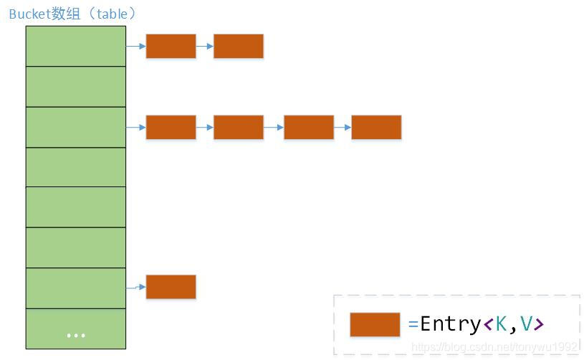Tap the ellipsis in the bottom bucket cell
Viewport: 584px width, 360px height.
coord(75,335)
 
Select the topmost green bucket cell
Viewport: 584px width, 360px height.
coord(75,46)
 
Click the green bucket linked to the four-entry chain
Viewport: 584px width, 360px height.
coord(75,127)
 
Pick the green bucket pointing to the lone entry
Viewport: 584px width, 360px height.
coord(75,288)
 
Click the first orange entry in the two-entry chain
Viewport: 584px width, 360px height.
coord(171,46)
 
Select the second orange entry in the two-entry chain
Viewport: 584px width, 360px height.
coord(239,46)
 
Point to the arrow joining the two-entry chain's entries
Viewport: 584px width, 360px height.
coord(205,46)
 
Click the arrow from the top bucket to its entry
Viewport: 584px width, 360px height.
coord(136,46)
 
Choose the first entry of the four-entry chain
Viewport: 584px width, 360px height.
coord(171,127)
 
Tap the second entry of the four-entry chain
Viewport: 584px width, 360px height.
coord(239,127)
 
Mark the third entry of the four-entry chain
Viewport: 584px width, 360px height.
coord(309,127)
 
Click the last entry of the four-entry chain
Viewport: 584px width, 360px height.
coord(376,127)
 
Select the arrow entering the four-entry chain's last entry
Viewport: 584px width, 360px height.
coord(343,127)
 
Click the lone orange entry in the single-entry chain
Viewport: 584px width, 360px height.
coord(171,287)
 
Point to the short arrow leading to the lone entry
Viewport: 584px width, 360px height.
coord(136,288)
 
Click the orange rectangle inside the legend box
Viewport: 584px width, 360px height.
coord(375,324)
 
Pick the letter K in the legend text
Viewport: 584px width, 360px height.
coord(500,324)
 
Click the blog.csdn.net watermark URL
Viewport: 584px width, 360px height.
coord(494,347)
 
